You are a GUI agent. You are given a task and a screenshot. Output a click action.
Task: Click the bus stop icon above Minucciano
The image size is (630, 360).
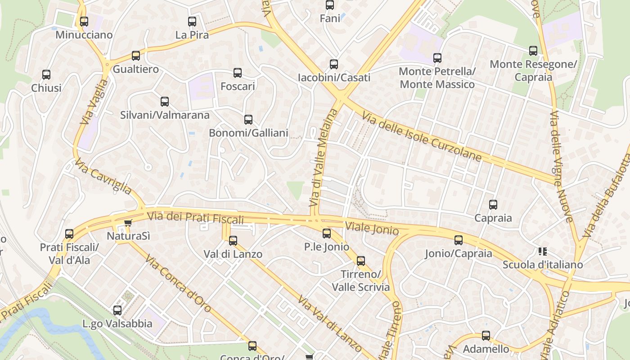coord(84,21)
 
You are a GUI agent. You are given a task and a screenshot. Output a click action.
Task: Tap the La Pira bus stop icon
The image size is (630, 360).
coord(192,21)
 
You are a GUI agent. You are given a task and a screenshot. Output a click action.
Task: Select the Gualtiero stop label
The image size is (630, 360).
coord(135,69)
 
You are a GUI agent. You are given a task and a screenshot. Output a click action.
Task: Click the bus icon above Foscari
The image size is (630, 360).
coord(238,72)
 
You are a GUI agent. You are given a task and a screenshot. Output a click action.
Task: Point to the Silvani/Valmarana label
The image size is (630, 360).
coord(165,115)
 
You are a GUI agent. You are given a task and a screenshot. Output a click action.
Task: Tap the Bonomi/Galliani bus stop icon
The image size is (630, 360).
coord(248,120)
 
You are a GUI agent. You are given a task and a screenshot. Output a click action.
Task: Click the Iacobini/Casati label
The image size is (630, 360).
coord(334,78)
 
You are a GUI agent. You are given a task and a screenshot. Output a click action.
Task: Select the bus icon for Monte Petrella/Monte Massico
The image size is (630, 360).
coord(437,58)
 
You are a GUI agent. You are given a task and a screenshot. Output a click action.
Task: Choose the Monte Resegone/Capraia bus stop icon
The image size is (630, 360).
coord(533,50)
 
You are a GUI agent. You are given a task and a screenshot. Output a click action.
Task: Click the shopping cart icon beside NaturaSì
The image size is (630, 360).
coord(128,222)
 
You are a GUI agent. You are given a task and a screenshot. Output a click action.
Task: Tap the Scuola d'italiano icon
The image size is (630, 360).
coord(542,251)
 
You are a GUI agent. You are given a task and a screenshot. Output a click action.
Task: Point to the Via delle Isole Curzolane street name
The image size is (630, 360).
coord(422,137)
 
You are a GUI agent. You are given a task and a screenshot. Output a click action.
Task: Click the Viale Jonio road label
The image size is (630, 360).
coord(372,229)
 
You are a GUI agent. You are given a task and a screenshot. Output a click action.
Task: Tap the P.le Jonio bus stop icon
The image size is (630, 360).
coord(327,233)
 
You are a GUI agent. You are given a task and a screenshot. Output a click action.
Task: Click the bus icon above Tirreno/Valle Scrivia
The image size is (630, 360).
coord(360,261)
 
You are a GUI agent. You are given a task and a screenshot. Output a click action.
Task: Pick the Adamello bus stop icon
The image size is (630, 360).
coord(486,335)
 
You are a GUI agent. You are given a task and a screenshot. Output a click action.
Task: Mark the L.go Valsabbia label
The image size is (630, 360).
coord(117,324)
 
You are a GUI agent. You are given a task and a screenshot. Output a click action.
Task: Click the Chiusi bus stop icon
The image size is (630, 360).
coord(46,74)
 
